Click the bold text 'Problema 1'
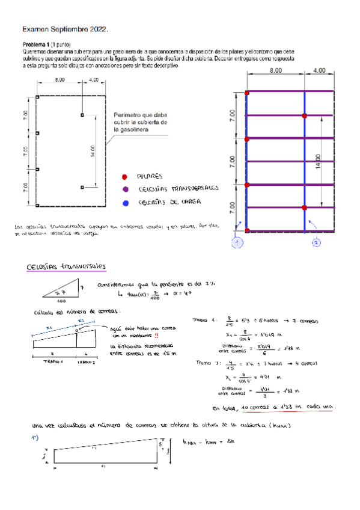[36, 45]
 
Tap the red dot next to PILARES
[124, 177]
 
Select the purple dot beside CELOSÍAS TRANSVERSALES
[124, 189]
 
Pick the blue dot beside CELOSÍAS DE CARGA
[124, 203]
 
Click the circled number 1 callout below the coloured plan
[237, 243]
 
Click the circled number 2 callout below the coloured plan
[317, 243]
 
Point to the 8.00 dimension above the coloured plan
[275, 71]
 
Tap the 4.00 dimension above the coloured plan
[320, 71]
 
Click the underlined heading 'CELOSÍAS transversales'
[66, 267]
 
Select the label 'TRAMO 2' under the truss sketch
[87, 363]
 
